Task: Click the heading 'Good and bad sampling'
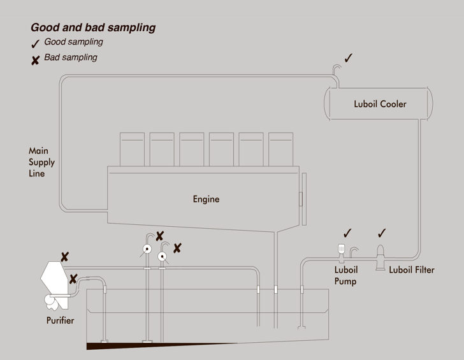tap(93, 27)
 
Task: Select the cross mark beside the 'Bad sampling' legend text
tap(36, 60)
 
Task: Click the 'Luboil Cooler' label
tap(380, 104)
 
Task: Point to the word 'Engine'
tap(206, 199)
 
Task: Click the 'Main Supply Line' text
tap(41, 162)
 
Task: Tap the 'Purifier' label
tap(60, 320)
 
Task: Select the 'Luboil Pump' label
tap(345, 275)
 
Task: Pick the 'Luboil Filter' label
tap(412, 270)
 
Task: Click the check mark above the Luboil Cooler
tap(349, 58)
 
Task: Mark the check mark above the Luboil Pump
tap(347, 233)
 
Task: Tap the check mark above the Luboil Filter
tap(382, 233)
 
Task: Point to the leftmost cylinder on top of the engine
tap(132, 149)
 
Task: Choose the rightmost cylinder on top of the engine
tap(280, 149)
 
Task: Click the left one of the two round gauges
tap(147, 250)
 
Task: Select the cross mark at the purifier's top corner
tap(64, 257)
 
